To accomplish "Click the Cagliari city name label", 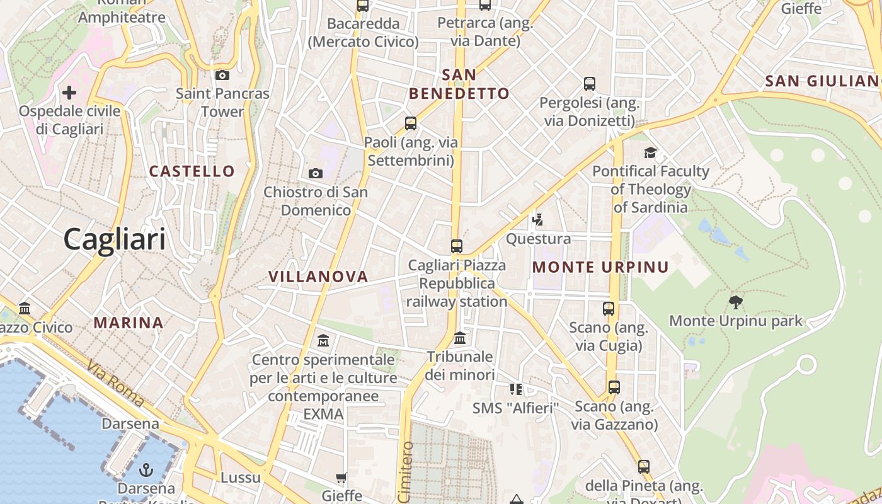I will pyautogui.click(x=115, y=239).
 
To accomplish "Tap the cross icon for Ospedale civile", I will pyautogui.click(x=69, y=93).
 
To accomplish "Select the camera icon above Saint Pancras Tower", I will pyautogui.click(x=222, y=76).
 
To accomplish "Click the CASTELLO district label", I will pyautogui.click(x=192, y=171).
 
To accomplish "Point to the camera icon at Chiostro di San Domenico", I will pyautogui.click(x=315, y=173).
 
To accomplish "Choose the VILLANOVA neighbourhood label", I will pyautogui.click(x=318, y=277).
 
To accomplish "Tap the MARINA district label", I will pyautogui.click(x=129, y=323).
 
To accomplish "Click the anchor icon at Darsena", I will pyautogui.click(x=146, y=470).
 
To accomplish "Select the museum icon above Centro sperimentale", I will pyautogui.click(x=323, y=341).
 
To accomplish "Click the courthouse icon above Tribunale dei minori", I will pyautogui.click(x=460, y=338).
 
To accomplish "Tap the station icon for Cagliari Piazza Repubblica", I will pyautogui.click(x=457, y=246).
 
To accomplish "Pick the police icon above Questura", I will pyautogui.click(x=537, y=220).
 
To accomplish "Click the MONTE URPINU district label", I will pyautogui.click(x=600, y=267).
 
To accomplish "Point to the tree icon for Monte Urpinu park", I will pyautogui.click(x=735, y=302).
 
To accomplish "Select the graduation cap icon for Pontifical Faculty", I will pyautogui.click(x=650, y=152).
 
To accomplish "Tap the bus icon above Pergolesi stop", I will pyautogui.click(x=590, y=83).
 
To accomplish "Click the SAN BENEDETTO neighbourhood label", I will pyautogui.click(x=459, y=84).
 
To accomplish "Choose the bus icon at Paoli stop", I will pyautogui.click(x=411, y=123).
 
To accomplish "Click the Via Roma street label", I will pyautogui.click(x=116, y=383).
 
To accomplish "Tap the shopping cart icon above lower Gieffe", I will pyautogui.click(x=341, y=478).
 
